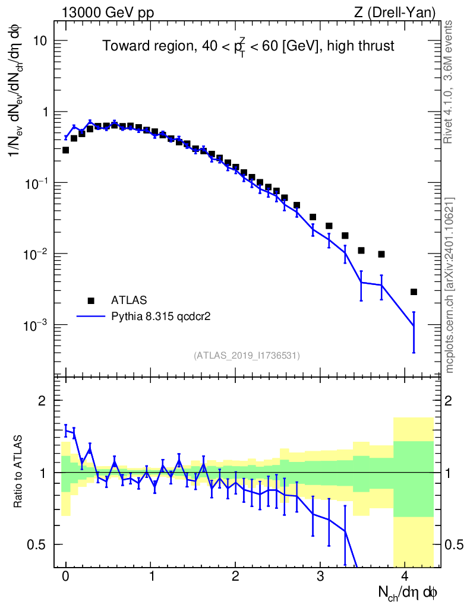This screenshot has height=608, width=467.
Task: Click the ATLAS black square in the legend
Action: point(91,300)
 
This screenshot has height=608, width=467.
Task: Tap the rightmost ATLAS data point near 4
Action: point(414,292)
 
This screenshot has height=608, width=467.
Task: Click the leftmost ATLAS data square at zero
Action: point(66,150)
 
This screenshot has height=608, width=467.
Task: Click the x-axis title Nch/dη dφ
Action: point(408,592)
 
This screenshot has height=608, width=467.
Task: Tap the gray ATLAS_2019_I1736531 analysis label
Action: point(247,356)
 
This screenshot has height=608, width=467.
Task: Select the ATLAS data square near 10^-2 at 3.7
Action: point(381,254)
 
